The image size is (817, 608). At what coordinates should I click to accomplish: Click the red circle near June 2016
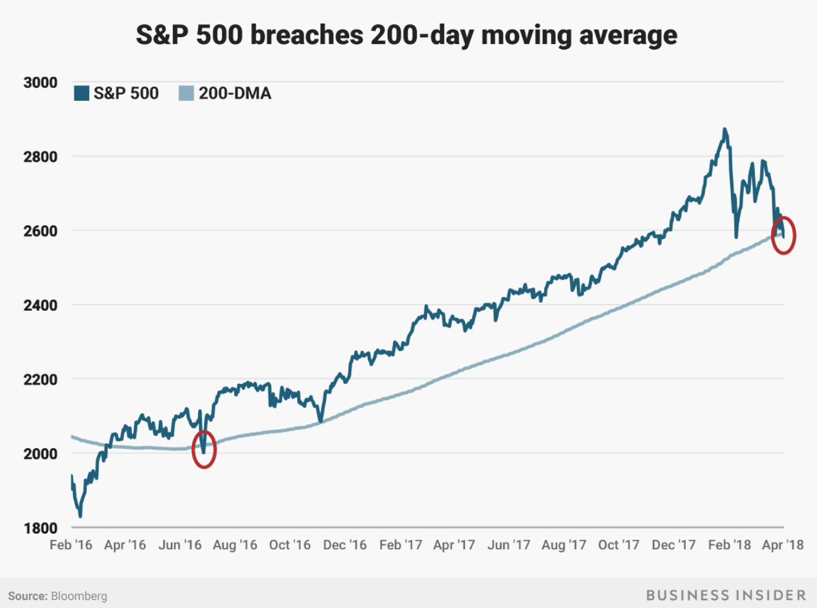pyautogui.click(x=204, y=449)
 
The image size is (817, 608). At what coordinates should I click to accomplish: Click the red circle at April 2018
pyautogui.click(x=784, y=235)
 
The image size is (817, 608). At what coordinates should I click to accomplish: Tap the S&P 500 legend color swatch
pyautogui.click(x=81, y=93)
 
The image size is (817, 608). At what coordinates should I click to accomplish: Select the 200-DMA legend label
pyautogui.click(x=235, y=93)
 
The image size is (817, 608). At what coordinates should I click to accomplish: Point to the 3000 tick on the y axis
pyautogui.click(x=40, y=82)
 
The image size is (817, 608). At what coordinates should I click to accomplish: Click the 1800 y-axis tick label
pyautogui.click(x=40, y=528)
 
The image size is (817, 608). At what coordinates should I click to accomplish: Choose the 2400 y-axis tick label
pyautogui.click(x=40, y=305)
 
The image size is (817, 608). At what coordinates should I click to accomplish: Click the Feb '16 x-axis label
pyautogui.click(x=71, y=545)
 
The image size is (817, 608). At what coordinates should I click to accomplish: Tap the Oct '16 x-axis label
pyautogui.click(x=290, y=545)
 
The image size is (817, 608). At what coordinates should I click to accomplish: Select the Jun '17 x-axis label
pyautogui.click(x=509, y=545)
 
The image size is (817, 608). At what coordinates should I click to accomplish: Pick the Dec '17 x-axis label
pyautogui.click(x=673, y=545)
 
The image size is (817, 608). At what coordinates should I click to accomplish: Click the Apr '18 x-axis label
pyautogui.click(x=782, y=545)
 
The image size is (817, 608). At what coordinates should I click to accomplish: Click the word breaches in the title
pyautogui.click(x=306, y=35)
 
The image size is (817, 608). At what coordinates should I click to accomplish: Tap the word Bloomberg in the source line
pyautogui.click(x=79, y=596)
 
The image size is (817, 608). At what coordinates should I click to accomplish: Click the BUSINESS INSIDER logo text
pyautogui.click(x=726, y=596)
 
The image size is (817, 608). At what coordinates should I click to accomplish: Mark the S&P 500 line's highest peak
pyautogui.click(x=724, y=129)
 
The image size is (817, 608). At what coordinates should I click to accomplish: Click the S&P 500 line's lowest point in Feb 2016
pyautogui.click(x=80, y=516)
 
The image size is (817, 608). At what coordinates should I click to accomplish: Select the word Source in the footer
pyautogui.click(x=27, y=596)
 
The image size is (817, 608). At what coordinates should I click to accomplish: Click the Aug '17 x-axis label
pyautogui.click(x=564, y=545)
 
